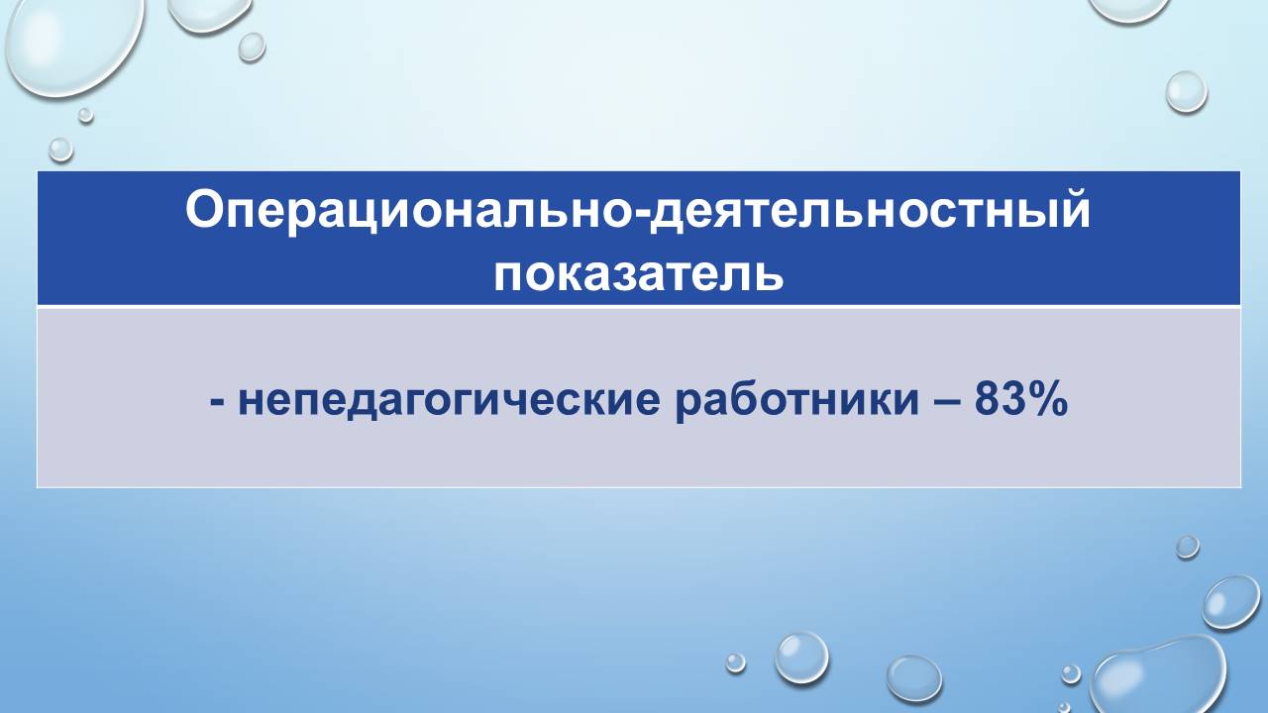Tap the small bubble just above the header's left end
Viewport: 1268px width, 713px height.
[60, 149]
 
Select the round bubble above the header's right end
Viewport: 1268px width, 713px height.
[1186, 91]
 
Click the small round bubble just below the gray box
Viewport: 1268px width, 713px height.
[1187, 547]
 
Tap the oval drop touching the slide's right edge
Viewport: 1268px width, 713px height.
[1231, 601]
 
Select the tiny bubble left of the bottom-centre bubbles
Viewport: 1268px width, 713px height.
[735, 662]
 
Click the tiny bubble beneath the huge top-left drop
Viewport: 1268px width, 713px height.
[86, 115]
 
